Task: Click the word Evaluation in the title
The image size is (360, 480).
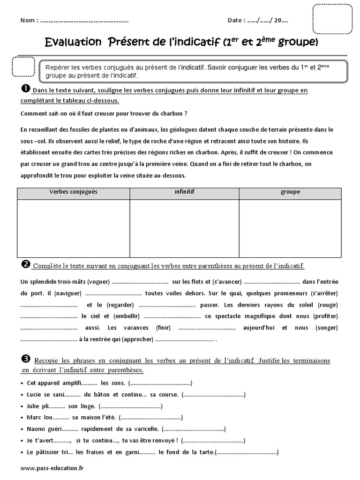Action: click(x=73, y=43)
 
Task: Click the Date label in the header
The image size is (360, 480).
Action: click(x=236, y=21)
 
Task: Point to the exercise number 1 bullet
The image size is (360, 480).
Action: click(x=26, y=89)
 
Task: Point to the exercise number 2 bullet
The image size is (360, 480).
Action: click(x=26, y=265)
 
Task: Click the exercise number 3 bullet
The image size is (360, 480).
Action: click(x=26, y=359)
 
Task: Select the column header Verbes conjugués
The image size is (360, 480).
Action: click(x=73, y=192)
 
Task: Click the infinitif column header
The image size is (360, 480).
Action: click(x=184, y=192)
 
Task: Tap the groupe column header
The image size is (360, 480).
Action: click(x=290, y=192)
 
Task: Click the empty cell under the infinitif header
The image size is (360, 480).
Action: click(x=184, y=228)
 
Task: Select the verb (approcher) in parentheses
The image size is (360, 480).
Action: click(x=137, y=339)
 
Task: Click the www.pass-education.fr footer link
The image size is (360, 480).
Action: click(x=52, y=468)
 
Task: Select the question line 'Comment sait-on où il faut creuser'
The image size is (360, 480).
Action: click(x=104, y=113)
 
